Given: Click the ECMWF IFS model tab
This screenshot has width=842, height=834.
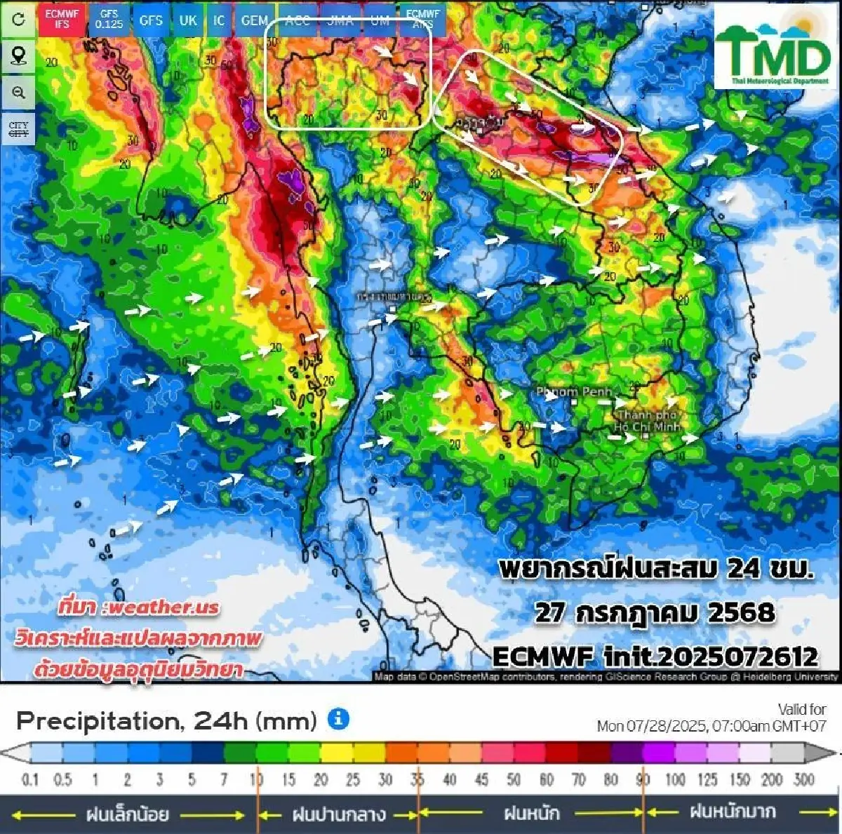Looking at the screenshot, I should pos(62,19).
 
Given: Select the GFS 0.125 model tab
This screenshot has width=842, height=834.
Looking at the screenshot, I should pos(109,19).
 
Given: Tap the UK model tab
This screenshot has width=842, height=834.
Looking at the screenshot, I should pos(187,20).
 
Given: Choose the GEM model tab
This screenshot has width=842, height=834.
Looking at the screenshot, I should pos(254,20).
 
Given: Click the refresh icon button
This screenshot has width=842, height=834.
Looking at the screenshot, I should pos(18,19).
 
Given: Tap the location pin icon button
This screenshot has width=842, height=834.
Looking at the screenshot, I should pos(18,56).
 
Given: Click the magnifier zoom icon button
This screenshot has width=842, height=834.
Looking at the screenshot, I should pos(18,93).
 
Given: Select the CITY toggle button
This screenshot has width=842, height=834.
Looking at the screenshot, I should pos(18,129).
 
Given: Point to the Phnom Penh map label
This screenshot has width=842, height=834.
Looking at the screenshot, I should pos(574,391).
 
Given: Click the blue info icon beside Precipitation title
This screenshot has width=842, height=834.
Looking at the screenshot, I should pos(338,719).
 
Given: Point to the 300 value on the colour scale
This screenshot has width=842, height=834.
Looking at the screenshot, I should pos(803,779).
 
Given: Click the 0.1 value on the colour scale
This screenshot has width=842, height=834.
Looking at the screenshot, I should pos(30,779).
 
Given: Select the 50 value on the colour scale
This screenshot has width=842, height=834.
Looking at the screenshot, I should pos(514,779).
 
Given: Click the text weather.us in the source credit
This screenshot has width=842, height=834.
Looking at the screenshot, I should pos(161,607).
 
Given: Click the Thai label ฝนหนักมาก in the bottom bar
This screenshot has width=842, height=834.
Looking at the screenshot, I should pos(733,812).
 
